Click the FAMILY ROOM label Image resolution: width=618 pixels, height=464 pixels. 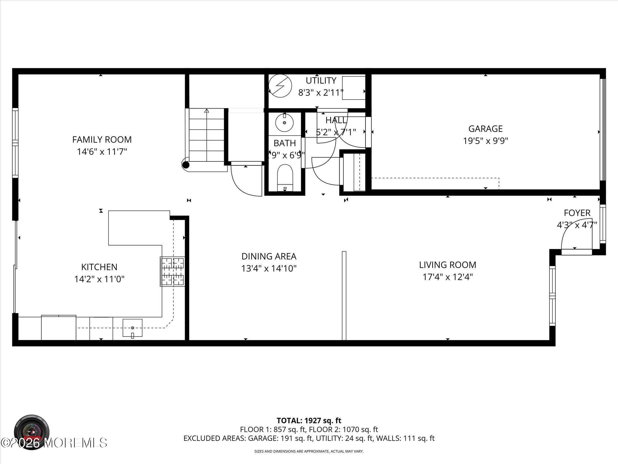click(x=102, y=139)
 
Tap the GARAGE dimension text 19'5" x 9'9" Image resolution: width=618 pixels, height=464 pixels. click(x=485, y=141)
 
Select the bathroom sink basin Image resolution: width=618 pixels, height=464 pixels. click(x=284, y=123)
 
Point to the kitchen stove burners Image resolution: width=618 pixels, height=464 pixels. click(x=172, y=272)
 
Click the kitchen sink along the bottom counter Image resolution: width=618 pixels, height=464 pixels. click(x=132, y=328)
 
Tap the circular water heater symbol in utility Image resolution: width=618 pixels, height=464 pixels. click(x=280, y=86)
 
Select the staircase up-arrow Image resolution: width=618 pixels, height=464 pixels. click(x=207, y=111)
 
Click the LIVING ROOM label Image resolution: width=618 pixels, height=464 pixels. click(x=447, y=265)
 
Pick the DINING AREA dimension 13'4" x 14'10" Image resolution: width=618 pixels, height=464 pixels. click(x=269, y=269)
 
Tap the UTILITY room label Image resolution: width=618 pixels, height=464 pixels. click(x=321, y=81)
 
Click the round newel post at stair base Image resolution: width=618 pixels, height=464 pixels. click(x=186, y=165)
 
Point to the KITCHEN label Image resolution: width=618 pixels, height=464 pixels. click(x=99, y=267)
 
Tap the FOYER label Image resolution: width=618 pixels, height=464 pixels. click(x=577, y=213)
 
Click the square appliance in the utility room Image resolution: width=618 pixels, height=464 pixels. click(x=354, y=88)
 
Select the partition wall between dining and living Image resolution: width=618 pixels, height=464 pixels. click(x=344, y=295)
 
